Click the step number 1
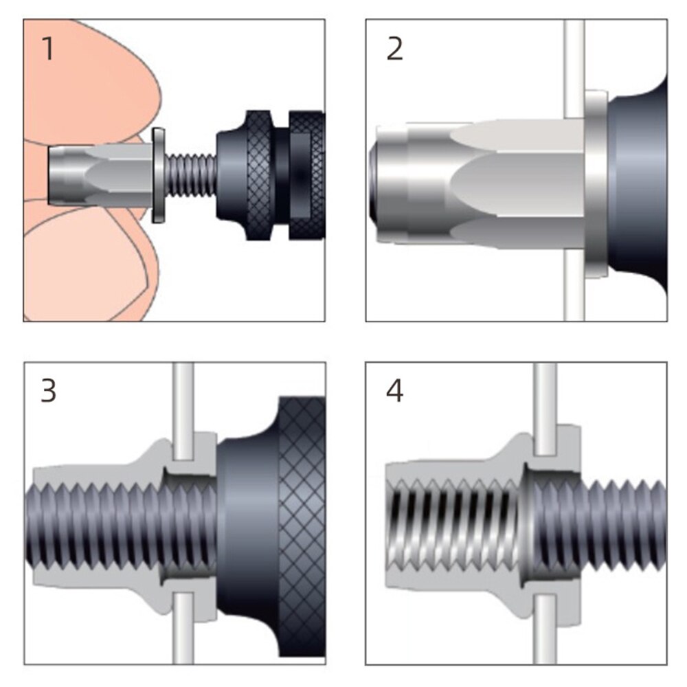pos(47,49)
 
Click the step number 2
pos(394,49)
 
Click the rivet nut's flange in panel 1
pos(158,174)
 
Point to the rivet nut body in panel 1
pos(103,174)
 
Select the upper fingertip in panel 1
pos(89,76)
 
